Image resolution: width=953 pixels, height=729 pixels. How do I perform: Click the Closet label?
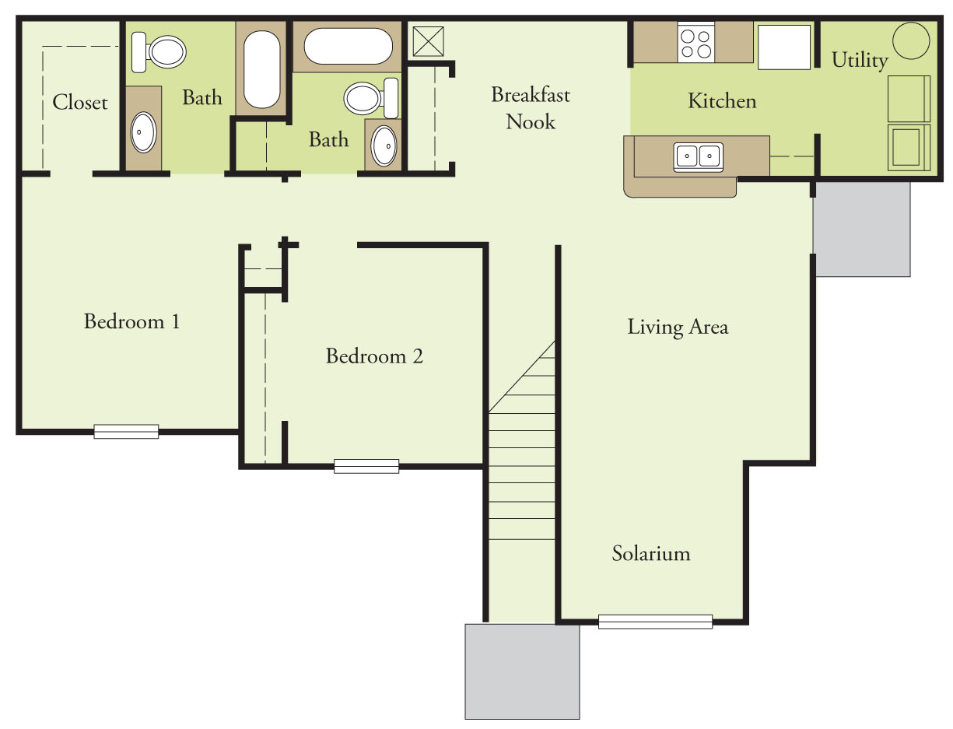(80, 103)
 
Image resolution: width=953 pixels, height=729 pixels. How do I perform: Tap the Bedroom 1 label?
(131, 321)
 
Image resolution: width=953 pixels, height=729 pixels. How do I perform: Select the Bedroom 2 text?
(374, 356)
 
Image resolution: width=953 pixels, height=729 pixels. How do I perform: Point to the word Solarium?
(651, 554)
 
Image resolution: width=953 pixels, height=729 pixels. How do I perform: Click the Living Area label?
(678, 327)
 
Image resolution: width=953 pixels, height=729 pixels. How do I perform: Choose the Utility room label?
(860, 60)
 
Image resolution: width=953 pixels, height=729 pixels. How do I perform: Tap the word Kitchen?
(722, 101)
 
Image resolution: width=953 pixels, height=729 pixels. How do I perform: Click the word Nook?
(531, 121)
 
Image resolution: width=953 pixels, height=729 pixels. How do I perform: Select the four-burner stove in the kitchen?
(695, 43)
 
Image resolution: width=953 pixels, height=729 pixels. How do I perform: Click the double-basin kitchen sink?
(698, 156)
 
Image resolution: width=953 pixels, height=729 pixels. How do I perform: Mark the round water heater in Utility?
(911, 40)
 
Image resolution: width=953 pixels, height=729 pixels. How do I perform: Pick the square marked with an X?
(427, 41)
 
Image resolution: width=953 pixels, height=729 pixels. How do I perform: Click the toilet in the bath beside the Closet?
(159, 51)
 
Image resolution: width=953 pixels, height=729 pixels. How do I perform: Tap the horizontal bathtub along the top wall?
(348, 47)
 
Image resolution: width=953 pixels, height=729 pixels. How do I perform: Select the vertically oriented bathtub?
(262, 71)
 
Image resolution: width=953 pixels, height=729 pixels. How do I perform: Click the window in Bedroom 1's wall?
(126, 431)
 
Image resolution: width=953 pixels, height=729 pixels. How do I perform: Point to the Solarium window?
(655, 622)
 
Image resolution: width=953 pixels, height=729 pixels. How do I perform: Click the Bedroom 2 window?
(366, 466)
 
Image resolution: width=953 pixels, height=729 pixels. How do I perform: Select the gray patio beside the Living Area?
(862, 229)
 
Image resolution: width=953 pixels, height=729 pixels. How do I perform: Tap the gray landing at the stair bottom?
(522, 671)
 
